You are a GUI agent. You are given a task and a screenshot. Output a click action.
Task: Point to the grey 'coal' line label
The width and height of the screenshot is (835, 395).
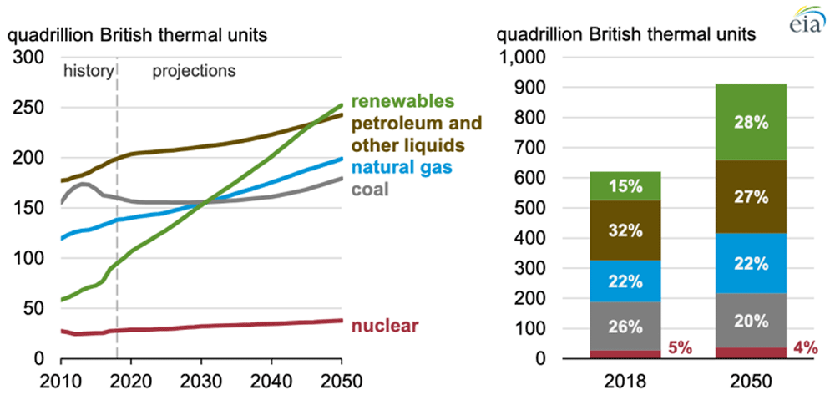point(368,188)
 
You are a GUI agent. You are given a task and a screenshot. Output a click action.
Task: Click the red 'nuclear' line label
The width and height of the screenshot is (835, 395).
point(385,325)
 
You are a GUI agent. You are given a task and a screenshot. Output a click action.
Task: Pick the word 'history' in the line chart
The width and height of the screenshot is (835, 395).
point(88,71)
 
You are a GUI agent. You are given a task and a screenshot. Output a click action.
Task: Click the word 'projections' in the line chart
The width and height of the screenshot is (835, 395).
point(194,71)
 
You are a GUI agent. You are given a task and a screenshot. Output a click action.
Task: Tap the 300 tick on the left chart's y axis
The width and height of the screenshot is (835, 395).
point(31,58)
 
